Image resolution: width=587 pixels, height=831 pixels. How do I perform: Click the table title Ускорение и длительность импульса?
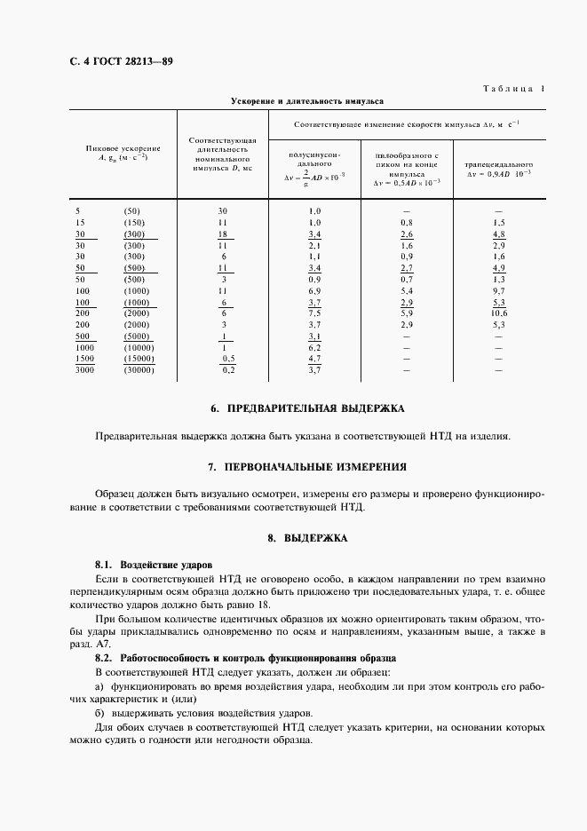pos(306,101)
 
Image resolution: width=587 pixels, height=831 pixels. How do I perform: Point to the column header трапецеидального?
pos(498,165)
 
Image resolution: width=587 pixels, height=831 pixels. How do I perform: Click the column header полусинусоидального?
pos(314,159)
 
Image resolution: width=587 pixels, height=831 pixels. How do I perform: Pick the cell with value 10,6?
pos(498,313)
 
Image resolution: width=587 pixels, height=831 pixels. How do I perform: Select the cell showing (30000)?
pos(139,369)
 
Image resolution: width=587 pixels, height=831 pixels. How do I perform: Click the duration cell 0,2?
pos(229,369)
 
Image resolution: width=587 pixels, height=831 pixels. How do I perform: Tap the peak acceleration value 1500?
pos(85,358)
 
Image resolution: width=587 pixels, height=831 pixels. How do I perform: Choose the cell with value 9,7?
pos(498,291)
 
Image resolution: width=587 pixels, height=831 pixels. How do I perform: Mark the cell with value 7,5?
pos(313,313)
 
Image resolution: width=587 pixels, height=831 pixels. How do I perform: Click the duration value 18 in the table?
pos(224,233)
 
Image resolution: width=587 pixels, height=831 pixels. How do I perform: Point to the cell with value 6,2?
pos(313,347)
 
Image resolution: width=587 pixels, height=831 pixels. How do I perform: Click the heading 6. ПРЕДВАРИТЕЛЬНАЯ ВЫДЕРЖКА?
pos(306,409)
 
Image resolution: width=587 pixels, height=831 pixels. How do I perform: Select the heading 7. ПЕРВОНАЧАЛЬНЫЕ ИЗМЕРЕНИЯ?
pos(306,466)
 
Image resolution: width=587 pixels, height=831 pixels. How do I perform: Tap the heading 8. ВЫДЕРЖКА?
pos(306,538)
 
